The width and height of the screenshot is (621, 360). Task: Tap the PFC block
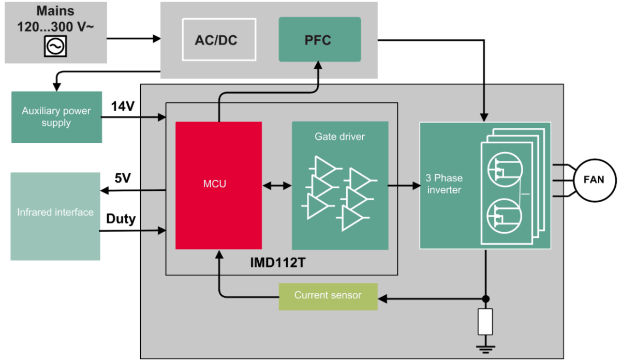319,39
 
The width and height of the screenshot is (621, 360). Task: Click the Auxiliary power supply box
56,117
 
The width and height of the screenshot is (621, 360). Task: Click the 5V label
123,178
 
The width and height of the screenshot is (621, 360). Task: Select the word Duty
121,219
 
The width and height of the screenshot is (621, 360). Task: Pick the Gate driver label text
339,137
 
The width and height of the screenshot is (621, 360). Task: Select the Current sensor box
328,296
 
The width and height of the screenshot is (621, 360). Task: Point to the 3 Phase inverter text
444,184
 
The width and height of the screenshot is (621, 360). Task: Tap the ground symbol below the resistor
485,347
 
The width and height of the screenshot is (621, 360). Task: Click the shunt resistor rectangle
485,322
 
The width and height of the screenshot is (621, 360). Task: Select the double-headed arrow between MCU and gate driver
277,185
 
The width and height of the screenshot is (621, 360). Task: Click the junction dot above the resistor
485,298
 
